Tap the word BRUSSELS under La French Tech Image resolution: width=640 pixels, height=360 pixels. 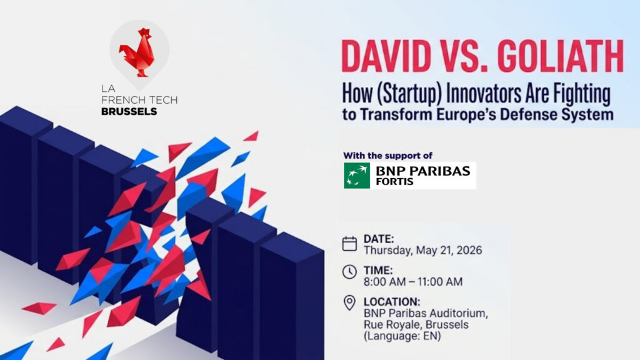click(x=129, y=112)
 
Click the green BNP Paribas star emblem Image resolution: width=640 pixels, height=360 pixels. click(x=357, y=175)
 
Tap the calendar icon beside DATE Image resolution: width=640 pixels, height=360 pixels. click(x=350, y=244)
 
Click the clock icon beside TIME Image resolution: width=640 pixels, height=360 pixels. click(x=350, y=272)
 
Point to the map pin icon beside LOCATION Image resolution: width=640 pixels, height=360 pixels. click(x=350, y=303)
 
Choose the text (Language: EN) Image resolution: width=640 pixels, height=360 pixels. click(x=402, y=336)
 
